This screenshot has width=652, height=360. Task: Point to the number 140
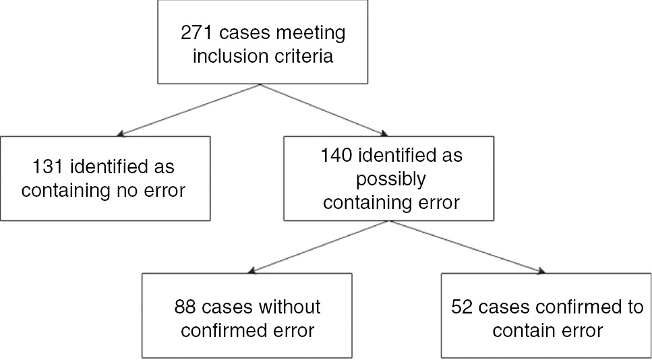(x=332, y=156)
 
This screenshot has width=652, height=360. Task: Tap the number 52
(x=462, y=307)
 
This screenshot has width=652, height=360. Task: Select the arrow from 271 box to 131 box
(x=189, y=109)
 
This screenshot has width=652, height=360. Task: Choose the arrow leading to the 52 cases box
(x=465, y=247)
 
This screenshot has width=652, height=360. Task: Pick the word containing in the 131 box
(x=63, y=190)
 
